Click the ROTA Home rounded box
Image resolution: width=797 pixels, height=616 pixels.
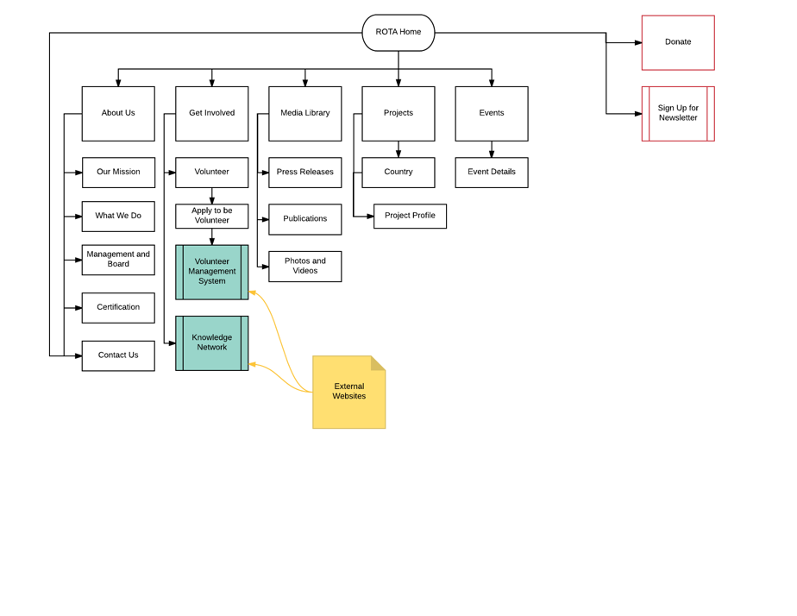click(x=398, y=33)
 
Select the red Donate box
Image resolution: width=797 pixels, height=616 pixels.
click(x=677, y=42)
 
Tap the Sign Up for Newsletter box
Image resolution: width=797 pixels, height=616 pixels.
click(x=677, y=113)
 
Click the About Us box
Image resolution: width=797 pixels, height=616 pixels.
click(x=118, y=113)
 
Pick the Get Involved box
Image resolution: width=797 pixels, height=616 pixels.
click(x=211, y=113)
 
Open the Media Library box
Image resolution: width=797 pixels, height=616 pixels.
click(x=304, y=113)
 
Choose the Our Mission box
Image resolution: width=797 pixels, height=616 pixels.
click(x=118, y=173)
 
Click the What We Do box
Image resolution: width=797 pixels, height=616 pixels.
click(x=118, y=217)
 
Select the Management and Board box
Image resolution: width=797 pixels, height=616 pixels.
click(x=118, y=260)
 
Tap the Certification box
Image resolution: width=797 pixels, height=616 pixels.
click(x=118, y=308)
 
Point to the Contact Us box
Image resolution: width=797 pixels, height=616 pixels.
click(x=118, y=355)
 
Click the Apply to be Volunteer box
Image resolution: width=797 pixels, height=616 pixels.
click(x=211, y=216)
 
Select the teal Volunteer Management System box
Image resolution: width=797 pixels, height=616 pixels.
click(x=211, y=272)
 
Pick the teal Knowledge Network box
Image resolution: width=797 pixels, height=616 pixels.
click(x=211, y=343)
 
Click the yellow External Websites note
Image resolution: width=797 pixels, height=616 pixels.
click(x=348, y=393)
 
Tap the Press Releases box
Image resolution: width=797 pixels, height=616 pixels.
click(x=304, y=173)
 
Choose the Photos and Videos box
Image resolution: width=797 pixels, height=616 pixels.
click(x=304, y=267)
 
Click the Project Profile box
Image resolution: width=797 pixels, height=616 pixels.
click(x=410, y=216)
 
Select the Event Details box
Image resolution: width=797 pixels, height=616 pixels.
click(x=491, y=173)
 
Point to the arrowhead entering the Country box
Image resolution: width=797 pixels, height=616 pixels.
click(x=398, y=154)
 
